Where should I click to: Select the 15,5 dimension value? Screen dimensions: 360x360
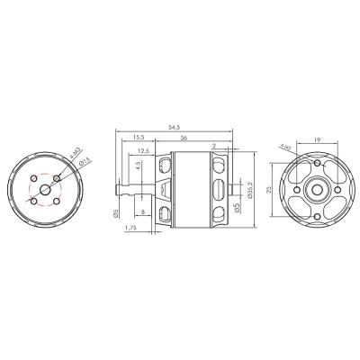tap(139, 137)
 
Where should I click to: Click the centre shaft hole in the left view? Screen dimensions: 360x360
tap(45, 190)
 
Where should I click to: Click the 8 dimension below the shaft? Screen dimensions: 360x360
tap(145, 213)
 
